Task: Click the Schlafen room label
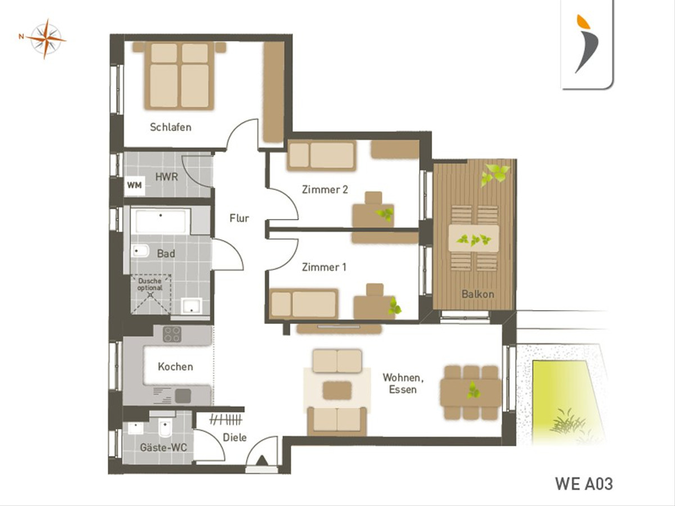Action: tap(170, 127)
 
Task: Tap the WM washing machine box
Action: tap(134, 186)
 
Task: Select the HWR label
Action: tap(166, 177)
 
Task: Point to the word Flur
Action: tap(239, 218)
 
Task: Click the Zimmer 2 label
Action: tap(325, 189)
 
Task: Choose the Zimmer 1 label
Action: tap(324, 267)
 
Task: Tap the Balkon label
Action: tap(478, 294)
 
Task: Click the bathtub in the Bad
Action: tap(160, 221)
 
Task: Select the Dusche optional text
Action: tap(150, 284)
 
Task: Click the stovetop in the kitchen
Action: tap(172, 335)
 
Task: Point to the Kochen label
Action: tap(175, 367)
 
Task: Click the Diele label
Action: tap(235, 437)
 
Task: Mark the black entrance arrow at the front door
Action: tap(262, 460)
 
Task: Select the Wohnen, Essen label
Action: tap(403, 383)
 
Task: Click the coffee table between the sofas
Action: tap(337, 390)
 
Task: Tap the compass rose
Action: tap(46, 39)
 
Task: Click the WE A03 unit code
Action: tap(584, 484)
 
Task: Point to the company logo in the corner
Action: tap(587, 44)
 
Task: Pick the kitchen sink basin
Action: tap(183, 396)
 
